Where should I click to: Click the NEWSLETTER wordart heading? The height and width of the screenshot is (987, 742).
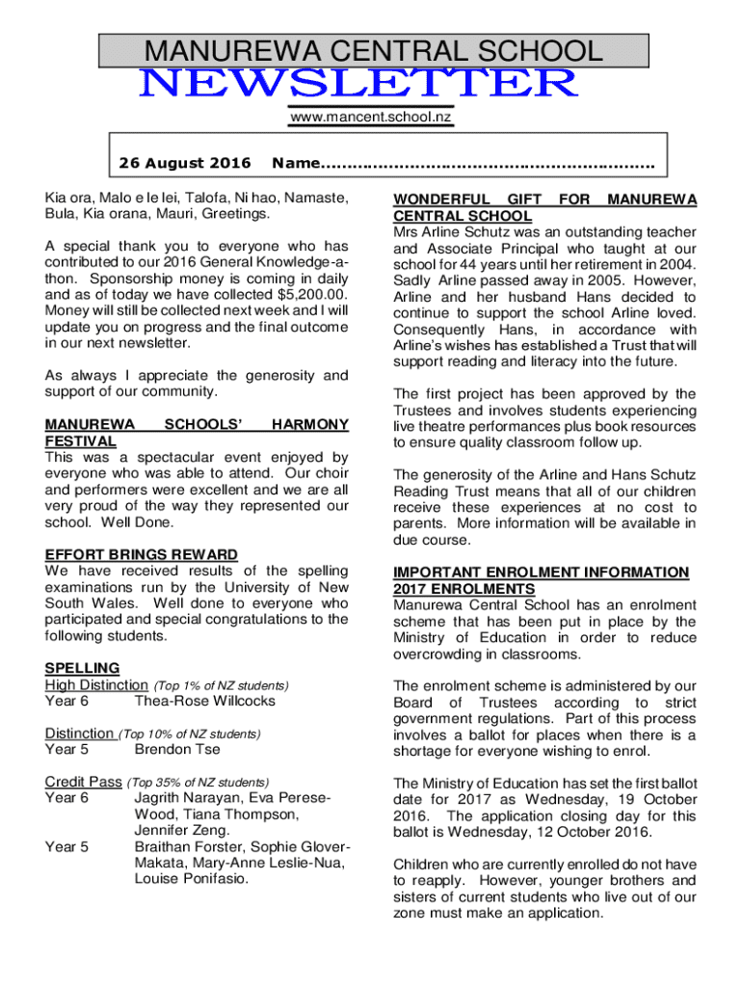click(x=359, y=85)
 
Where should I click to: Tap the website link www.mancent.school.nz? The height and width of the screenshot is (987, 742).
click(x=371, y=117)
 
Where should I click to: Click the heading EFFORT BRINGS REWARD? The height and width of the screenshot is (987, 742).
click(x=142, y=554)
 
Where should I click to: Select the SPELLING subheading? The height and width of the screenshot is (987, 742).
click(x=82, y=668)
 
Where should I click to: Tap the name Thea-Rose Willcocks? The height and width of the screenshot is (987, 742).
click(x=204, y=701)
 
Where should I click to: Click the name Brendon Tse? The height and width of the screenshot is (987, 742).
click(x=177, y=749)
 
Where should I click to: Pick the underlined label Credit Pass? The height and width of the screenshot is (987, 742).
click(x=83, y=782)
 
